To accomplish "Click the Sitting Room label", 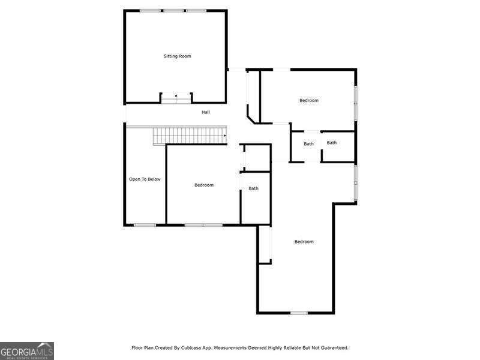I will (x=177, y=56).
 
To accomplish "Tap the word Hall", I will (x=206, y=112).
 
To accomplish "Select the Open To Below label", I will (x=145, y=179).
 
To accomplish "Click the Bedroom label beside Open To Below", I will (x=204, y=185).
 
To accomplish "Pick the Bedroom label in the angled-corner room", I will (x=309, y=100).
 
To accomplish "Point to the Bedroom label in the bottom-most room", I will (x=304, y=242).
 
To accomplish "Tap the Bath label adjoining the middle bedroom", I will (x=254, y=188).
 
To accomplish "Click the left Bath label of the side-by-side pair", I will (x=308, y=144).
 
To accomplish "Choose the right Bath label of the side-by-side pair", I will (x=332, y=143).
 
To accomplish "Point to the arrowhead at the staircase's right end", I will (x=225, y=136).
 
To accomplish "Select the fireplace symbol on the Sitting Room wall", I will (x=176, y=98).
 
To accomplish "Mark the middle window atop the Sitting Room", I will (x=174, y=11).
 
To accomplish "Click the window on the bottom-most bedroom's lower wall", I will (x=299, y=313).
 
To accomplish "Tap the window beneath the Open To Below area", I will (x=145, y=225).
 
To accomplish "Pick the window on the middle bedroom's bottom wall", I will (x=203, y=225).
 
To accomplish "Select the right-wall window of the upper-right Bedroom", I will (x=356, y=95).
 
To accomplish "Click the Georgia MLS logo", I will (x=27, y=350).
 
